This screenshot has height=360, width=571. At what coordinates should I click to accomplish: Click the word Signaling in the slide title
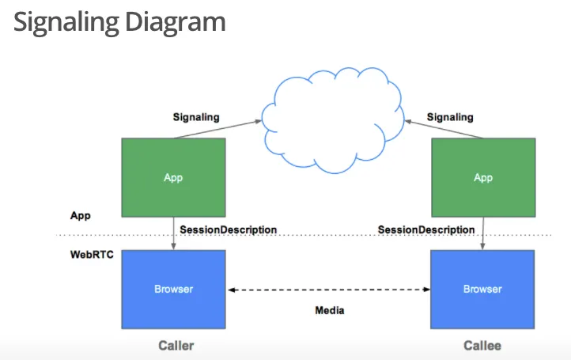[64, 21]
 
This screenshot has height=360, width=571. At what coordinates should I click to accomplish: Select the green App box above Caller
[173, 177]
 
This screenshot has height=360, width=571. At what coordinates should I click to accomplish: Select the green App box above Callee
[482, 177]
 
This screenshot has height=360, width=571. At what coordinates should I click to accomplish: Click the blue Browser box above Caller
[173, 289]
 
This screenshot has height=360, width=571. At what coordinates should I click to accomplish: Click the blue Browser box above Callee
[482, 289]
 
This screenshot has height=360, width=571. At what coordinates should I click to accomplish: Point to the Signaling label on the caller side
[196, 117]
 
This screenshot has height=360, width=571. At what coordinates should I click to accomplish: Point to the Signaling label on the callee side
[450, 117]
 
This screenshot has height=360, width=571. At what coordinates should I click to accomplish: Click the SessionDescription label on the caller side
[228, 229]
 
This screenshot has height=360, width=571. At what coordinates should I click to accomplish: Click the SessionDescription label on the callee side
[426, 229]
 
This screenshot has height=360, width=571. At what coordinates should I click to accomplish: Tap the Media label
[330, 310]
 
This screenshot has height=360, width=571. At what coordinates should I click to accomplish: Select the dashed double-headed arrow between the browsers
[328, 290]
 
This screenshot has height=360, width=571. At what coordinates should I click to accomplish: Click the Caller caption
[176, 346]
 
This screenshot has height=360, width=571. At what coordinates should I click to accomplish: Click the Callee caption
[482, 346]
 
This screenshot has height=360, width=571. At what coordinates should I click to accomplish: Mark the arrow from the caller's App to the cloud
[218, 129]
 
